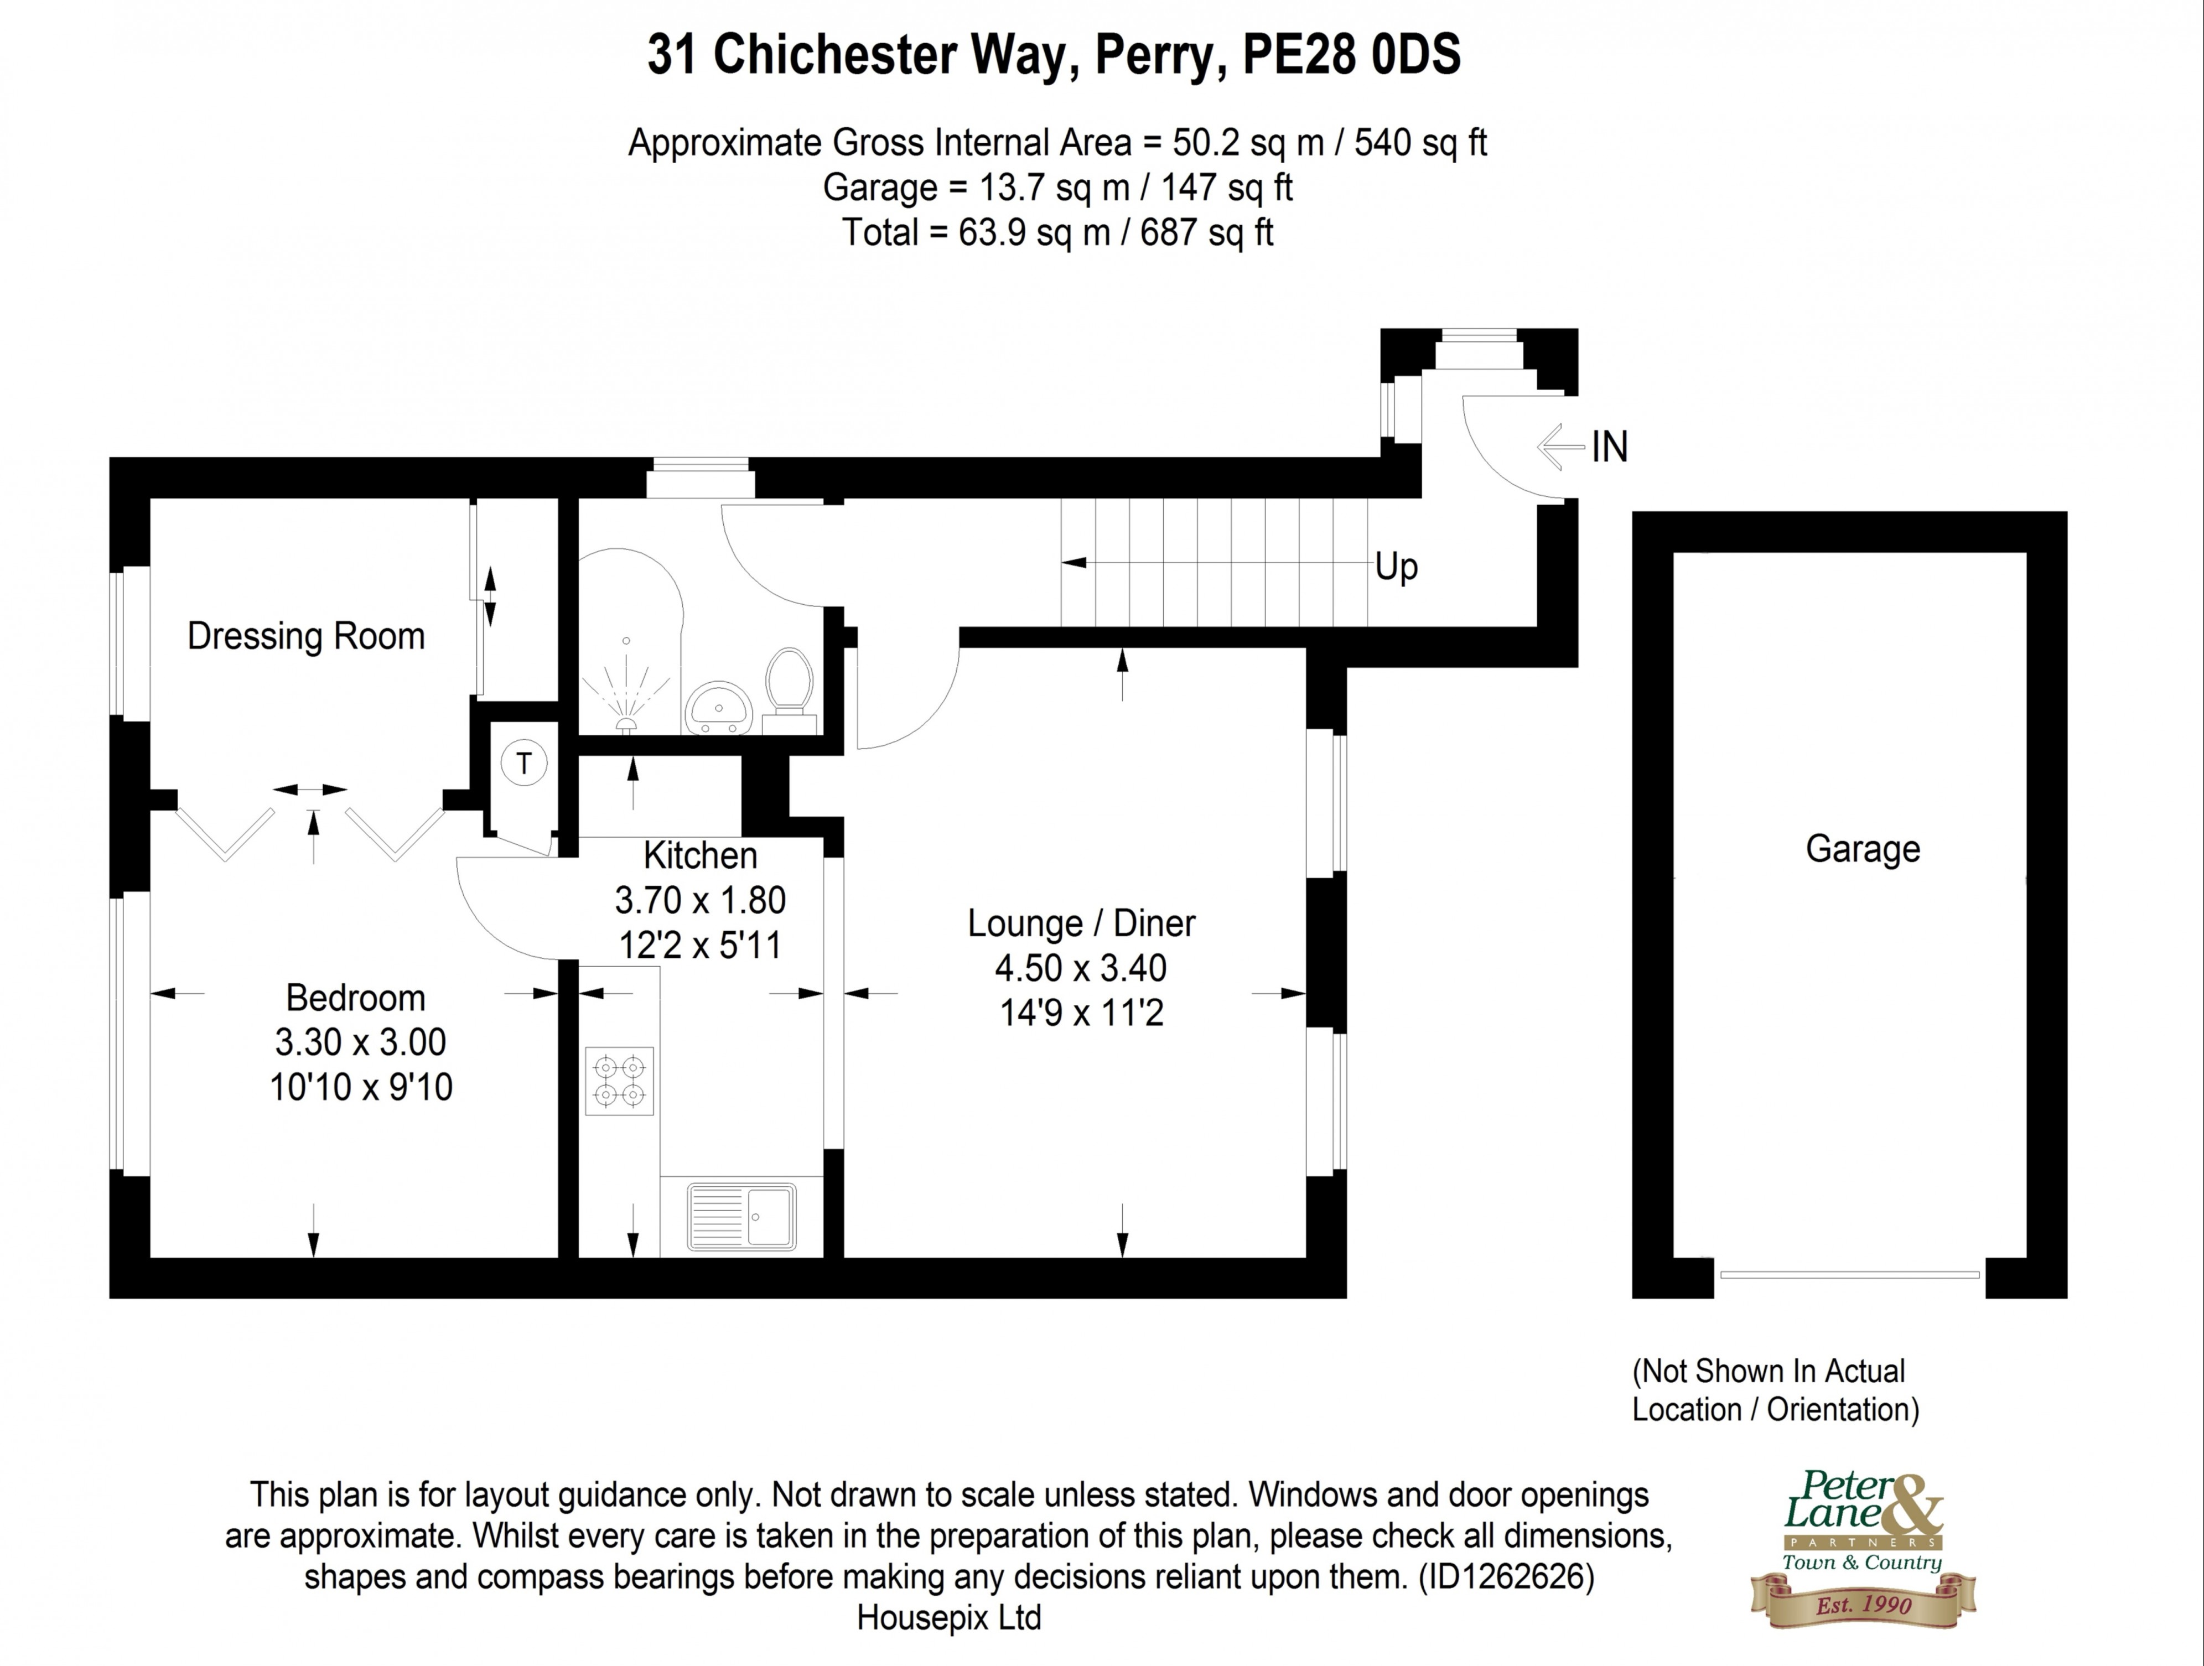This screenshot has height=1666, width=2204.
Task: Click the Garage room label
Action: (1862, 849)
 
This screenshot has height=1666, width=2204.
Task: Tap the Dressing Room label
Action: (306, 636)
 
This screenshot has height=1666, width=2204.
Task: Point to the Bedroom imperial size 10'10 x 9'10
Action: (361, 1086)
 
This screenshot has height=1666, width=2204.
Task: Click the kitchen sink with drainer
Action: (741, 1216)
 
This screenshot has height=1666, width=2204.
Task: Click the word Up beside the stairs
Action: (1396, 567)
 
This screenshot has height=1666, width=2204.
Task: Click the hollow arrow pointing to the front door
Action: (1560, 447)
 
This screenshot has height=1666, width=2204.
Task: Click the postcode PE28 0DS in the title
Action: (1351, 55)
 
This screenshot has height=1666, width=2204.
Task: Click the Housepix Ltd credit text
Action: (948, 1617)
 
